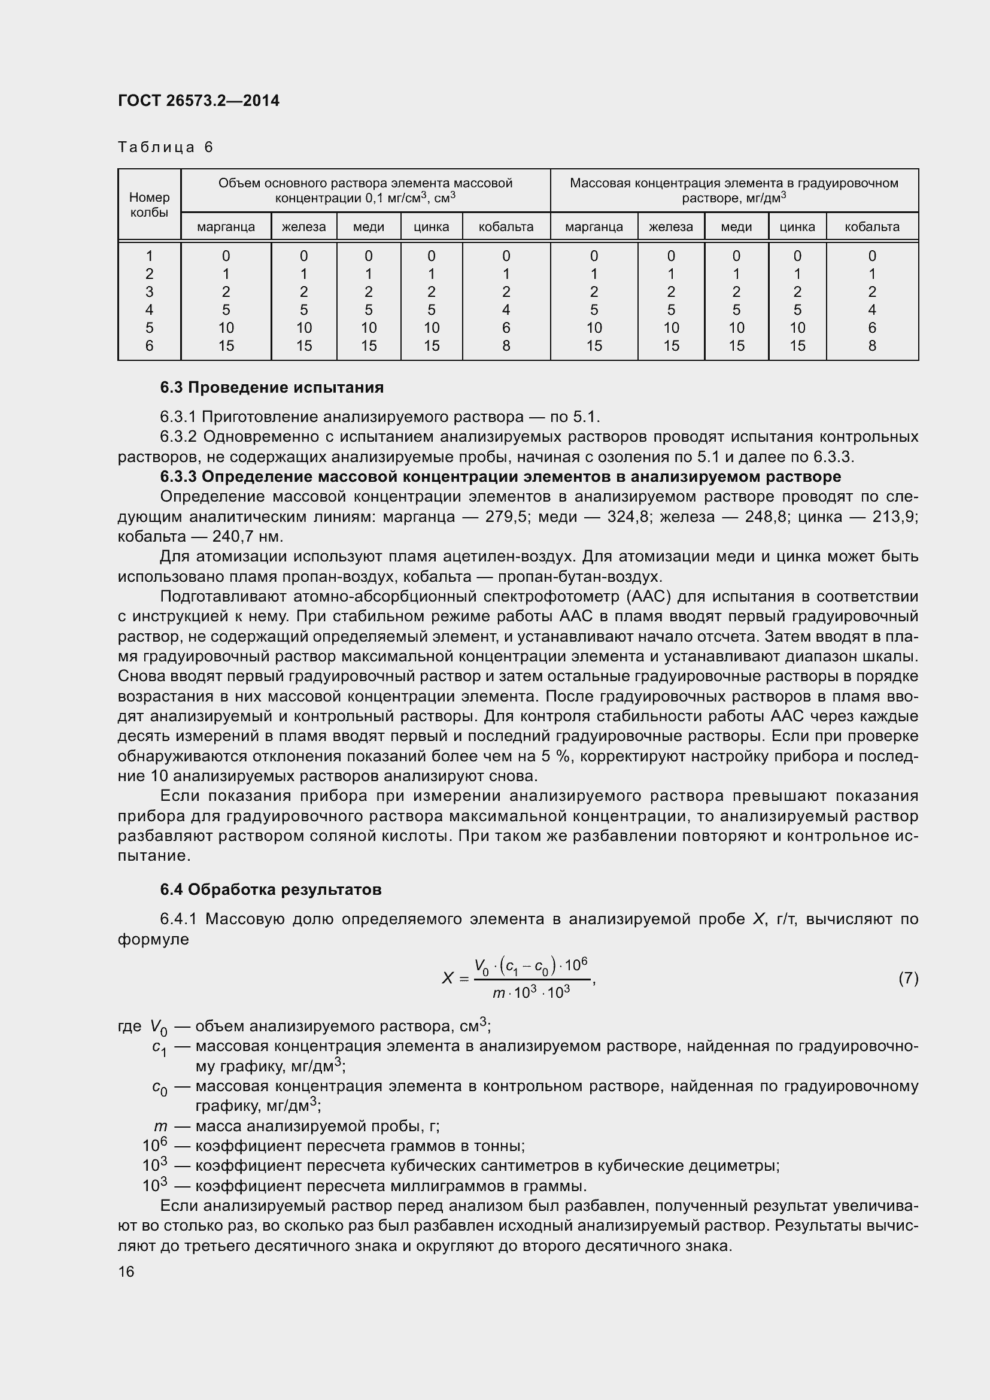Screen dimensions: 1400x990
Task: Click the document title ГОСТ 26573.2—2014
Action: pyautogui.click(x=198, y=101)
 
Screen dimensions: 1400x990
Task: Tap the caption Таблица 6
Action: pyautogui.click(x=165, y=147)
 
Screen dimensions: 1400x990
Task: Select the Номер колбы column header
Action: pyautogui.click(x=150, y=205)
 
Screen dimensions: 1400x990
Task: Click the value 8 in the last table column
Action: pyautogui.click(x=871, y=346)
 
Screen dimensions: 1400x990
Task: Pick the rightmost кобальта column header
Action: pyautogui.click(x=871, y=227)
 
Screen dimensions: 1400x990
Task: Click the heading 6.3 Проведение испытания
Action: pyautogui.click(x=271, y=387)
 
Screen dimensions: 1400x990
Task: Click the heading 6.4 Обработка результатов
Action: pyautogui.click(x=271, y=889)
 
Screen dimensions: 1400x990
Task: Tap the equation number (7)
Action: pyautogui.click(x=908, y=978)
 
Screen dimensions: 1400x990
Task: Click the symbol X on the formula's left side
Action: pyautogui.click(x=448, y=979)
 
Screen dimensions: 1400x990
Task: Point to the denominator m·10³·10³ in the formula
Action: pyautogui.click(x=531, y=994)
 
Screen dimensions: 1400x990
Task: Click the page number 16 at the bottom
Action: pyautogui.click(x=126, y=1272)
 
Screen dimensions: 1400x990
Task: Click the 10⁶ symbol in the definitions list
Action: pyautogui.click(x=155, y=1146)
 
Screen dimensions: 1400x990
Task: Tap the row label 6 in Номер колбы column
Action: pyautogui.click(x=150, y=346)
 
